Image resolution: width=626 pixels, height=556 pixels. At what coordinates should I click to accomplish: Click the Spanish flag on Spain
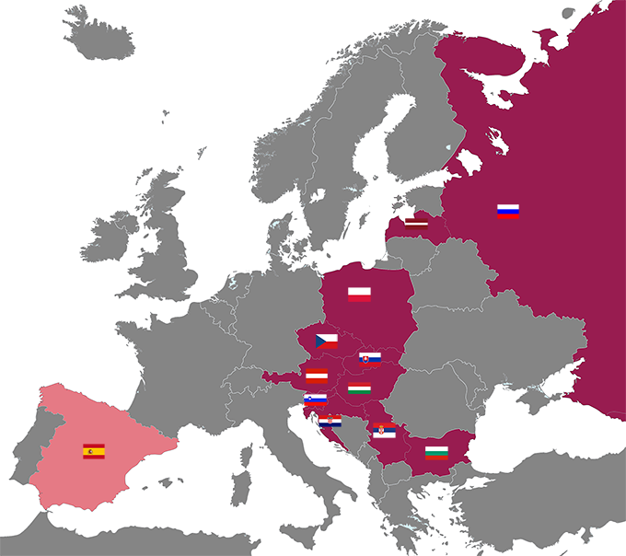(x=94, y=451)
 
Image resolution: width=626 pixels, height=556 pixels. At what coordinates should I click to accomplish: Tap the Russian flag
(x=508, y=211)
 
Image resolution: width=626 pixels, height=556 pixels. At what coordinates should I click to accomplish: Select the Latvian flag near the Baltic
(x=416, y=222)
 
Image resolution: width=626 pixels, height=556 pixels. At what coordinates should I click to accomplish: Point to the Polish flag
(x=359, y=295)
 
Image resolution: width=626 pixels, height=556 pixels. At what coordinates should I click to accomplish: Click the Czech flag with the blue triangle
(x=327, y=341)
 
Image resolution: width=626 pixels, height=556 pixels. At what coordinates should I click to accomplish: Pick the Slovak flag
(x=370, y=357)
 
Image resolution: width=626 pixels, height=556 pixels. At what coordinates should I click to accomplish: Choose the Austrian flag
(x=317, y=375)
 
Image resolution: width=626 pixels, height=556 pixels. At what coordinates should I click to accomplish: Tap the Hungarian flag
(x=359, y=388)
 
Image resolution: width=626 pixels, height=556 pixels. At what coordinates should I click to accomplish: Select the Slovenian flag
(x=315, y=400)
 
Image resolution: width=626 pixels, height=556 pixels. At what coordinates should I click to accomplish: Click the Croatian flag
(x=330, y=420)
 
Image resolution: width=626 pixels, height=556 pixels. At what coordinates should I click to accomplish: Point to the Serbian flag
(x=385, y=430)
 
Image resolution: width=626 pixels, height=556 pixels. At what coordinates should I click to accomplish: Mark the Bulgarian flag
(x=435, y=451)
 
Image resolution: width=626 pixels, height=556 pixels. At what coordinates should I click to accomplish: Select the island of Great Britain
(x=166, y=249)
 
